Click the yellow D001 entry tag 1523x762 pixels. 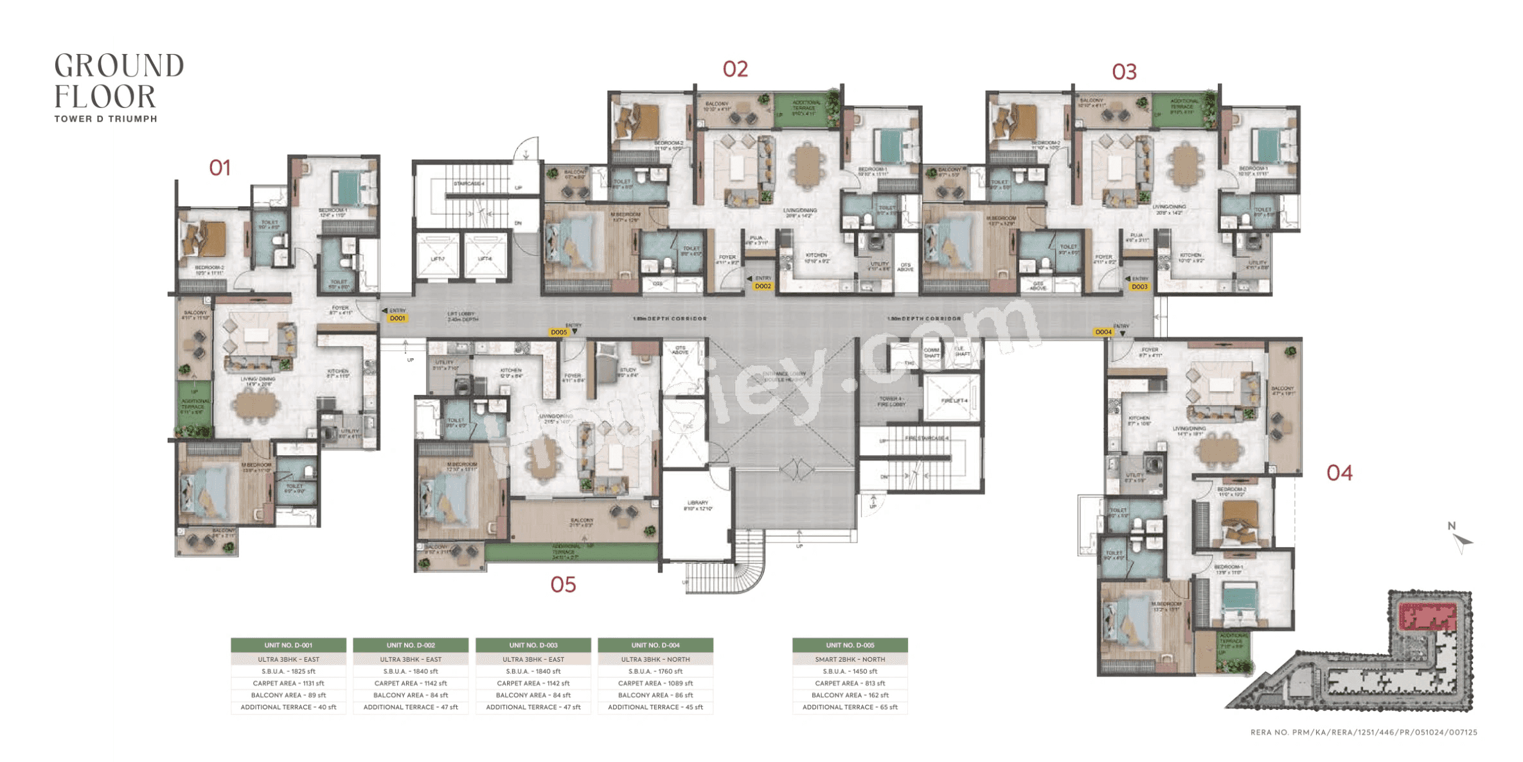(397, 318)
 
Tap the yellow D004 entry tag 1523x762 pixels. (1103, 332)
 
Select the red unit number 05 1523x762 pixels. (563, 585)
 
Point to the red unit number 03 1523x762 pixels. (1124, 72)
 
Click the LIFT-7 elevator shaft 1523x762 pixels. (438, 257)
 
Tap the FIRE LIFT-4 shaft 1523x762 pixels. (954, 399)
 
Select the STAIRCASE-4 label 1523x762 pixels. (468, 184)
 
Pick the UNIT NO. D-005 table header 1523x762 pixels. (850, 645)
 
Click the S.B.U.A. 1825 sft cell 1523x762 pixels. (288, 671)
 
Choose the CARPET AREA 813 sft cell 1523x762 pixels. (850, 684)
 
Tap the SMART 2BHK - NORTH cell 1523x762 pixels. (850, 659)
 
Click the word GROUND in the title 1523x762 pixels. (119, 66)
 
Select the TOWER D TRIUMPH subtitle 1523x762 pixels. (105, 119)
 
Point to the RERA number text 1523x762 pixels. (1364, 732)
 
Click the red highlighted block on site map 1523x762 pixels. (1427, 616)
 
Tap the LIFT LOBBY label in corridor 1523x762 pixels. (461, 316)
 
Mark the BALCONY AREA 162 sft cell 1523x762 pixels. (850, 695)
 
